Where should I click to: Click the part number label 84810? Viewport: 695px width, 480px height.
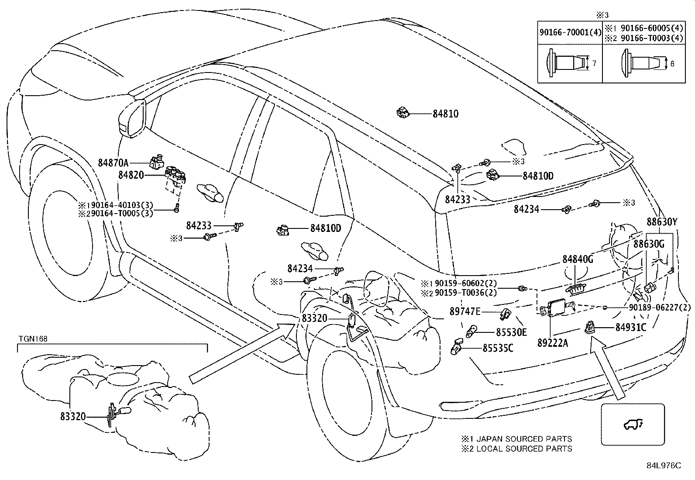445,114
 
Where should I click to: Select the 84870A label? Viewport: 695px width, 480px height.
113,162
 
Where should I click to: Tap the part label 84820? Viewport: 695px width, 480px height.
131,175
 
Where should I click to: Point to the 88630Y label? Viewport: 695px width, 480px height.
662,222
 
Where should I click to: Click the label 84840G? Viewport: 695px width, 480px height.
578,259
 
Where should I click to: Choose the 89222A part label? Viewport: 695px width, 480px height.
553,343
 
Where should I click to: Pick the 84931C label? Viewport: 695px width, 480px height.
631,327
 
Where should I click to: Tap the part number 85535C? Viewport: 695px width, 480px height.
498,348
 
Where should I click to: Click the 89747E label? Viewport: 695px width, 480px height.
465,311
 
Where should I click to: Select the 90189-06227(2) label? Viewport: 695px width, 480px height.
660,307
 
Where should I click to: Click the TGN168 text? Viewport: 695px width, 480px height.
33,339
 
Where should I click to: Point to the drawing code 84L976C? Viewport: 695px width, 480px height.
664,466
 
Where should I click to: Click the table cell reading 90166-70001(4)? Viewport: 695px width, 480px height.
570,32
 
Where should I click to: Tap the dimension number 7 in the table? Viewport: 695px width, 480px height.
594,63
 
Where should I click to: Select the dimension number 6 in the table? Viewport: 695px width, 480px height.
672,64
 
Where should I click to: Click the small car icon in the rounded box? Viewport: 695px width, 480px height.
633,425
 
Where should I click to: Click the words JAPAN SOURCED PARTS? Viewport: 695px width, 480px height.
524,439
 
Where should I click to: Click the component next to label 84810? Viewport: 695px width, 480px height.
403,112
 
